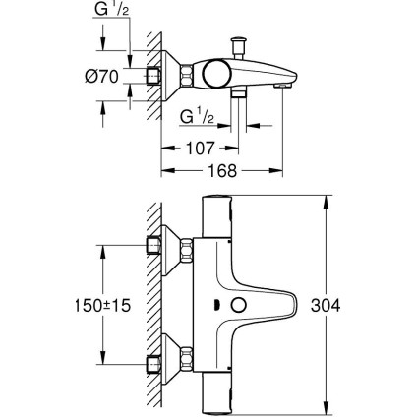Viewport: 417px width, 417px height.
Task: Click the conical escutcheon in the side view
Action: click(183, 75)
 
